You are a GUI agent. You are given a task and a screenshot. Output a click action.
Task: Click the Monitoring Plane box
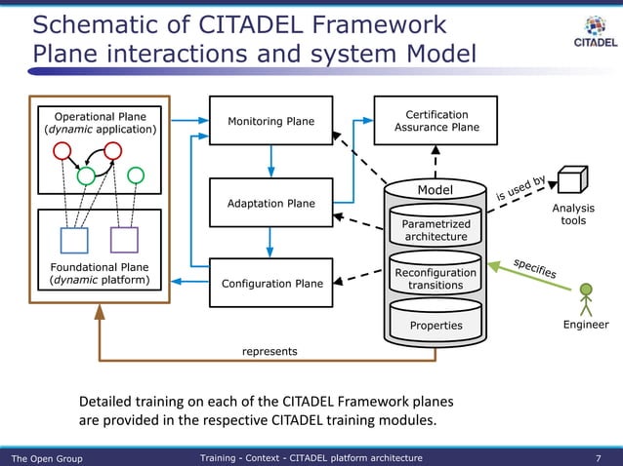click(270, 121)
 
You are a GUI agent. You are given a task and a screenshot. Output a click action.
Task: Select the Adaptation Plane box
click(270, 204)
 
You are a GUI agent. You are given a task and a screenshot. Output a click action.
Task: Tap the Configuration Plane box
click(271, 284)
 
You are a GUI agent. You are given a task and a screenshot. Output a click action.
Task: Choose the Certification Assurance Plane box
click(436, 121)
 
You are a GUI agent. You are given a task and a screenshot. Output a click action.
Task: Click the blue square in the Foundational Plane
click(74, 240)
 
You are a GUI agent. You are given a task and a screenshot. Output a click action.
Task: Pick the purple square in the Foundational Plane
click(124, 240)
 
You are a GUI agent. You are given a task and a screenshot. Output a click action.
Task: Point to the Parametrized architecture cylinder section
click(436, 230)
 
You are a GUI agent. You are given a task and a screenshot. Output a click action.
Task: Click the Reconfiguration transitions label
click(436, 279)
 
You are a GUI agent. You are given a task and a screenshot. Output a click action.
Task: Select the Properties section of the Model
click(436, 326)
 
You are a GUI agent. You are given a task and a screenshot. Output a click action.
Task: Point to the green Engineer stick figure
click(586, 297)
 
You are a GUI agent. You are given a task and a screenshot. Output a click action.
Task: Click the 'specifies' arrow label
click(534, 267)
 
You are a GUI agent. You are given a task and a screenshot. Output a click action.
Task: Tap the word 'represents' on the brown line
click(270, 350)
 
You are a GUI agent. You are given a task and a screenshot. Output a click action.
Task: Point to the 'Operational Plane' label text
click(100, 117)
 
